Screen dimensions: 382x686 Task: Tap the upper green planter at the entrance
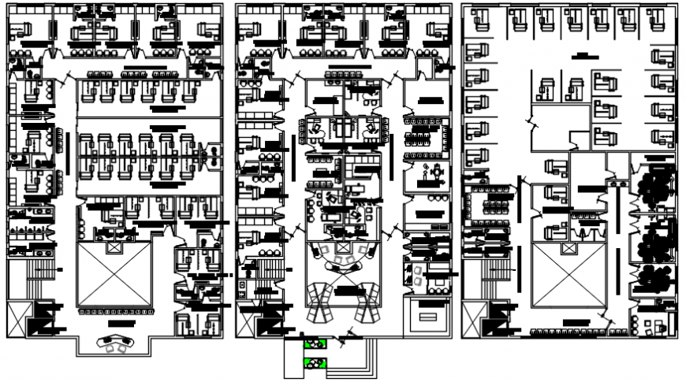point(314,344)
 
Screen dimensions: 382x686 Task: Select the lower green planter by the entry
point(314,364)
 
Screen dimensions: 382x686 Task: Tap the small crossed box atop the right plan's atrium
point(567,247)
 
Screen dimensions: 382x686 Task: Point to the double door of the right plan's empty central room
point(534,123)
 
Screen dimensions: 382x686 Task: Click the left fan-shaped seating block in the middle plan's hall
point(319,303)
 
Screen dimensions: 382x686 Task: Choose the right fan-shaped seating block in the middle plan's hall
point(366,303)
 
